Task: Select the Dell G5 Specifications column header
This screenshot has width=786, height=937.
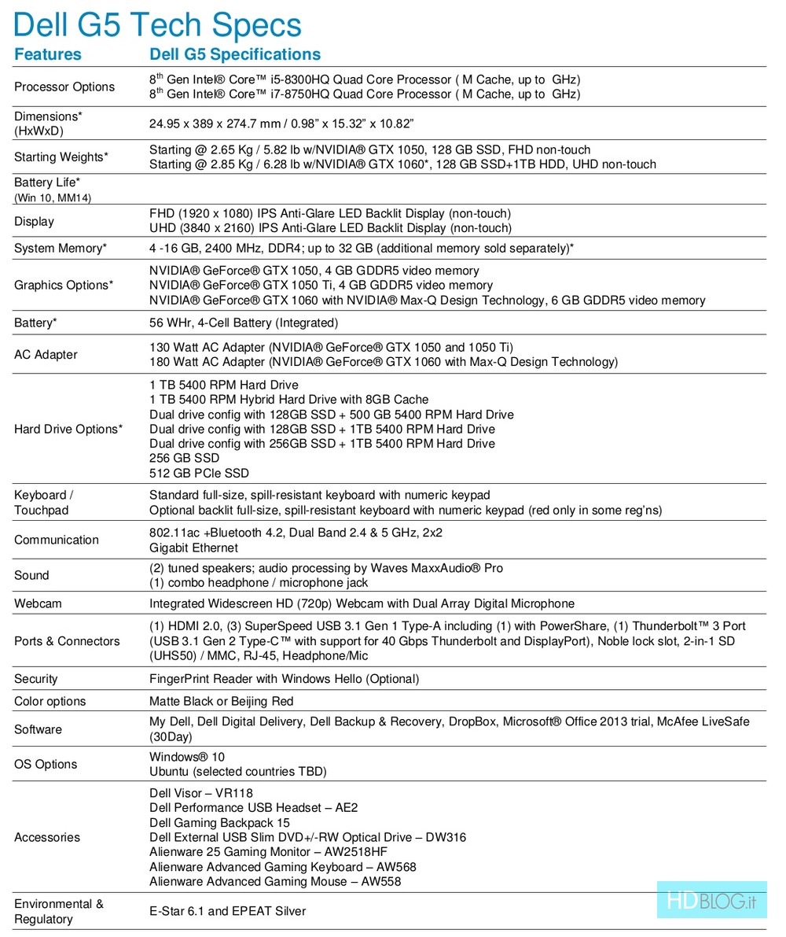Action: point(235,54)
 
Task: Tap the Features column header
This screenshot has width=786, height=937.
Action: point(48,54)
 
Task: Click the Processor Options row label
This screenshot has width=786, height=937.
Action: point(64,87)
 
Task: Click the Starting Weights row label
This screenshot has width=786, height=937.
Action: point(61,157)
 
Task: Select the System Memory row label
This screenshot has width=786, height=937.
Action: point(61,249)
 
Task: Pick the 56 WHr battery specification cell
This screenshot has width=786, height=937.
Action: point(244,323)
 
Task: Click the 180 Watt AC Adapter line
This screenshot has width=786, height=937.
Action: point(383,362)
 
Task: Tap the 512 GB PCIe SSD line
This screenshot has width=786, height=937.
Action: point(199,474)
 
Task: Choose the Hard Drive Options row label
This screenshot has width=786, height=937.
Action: point(68,429)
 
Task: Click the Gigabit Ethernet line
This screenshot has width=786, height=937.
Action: point(193,548)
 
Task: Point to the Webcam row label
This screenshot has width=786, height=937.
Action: point(38,603)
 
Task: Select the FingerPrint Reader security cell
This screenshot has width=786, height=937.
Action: point(284,679)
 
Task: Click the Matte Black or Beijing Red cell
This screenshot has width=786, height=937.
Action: point(221,701)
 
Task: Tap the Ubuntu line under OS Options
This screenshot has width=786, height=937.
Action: point(237,772)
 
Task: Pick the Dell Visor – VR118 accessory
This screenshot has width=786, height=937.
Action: point(201,793)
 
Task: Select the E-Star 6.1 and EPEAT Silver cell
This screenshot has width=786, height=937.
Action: point(227,911)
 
